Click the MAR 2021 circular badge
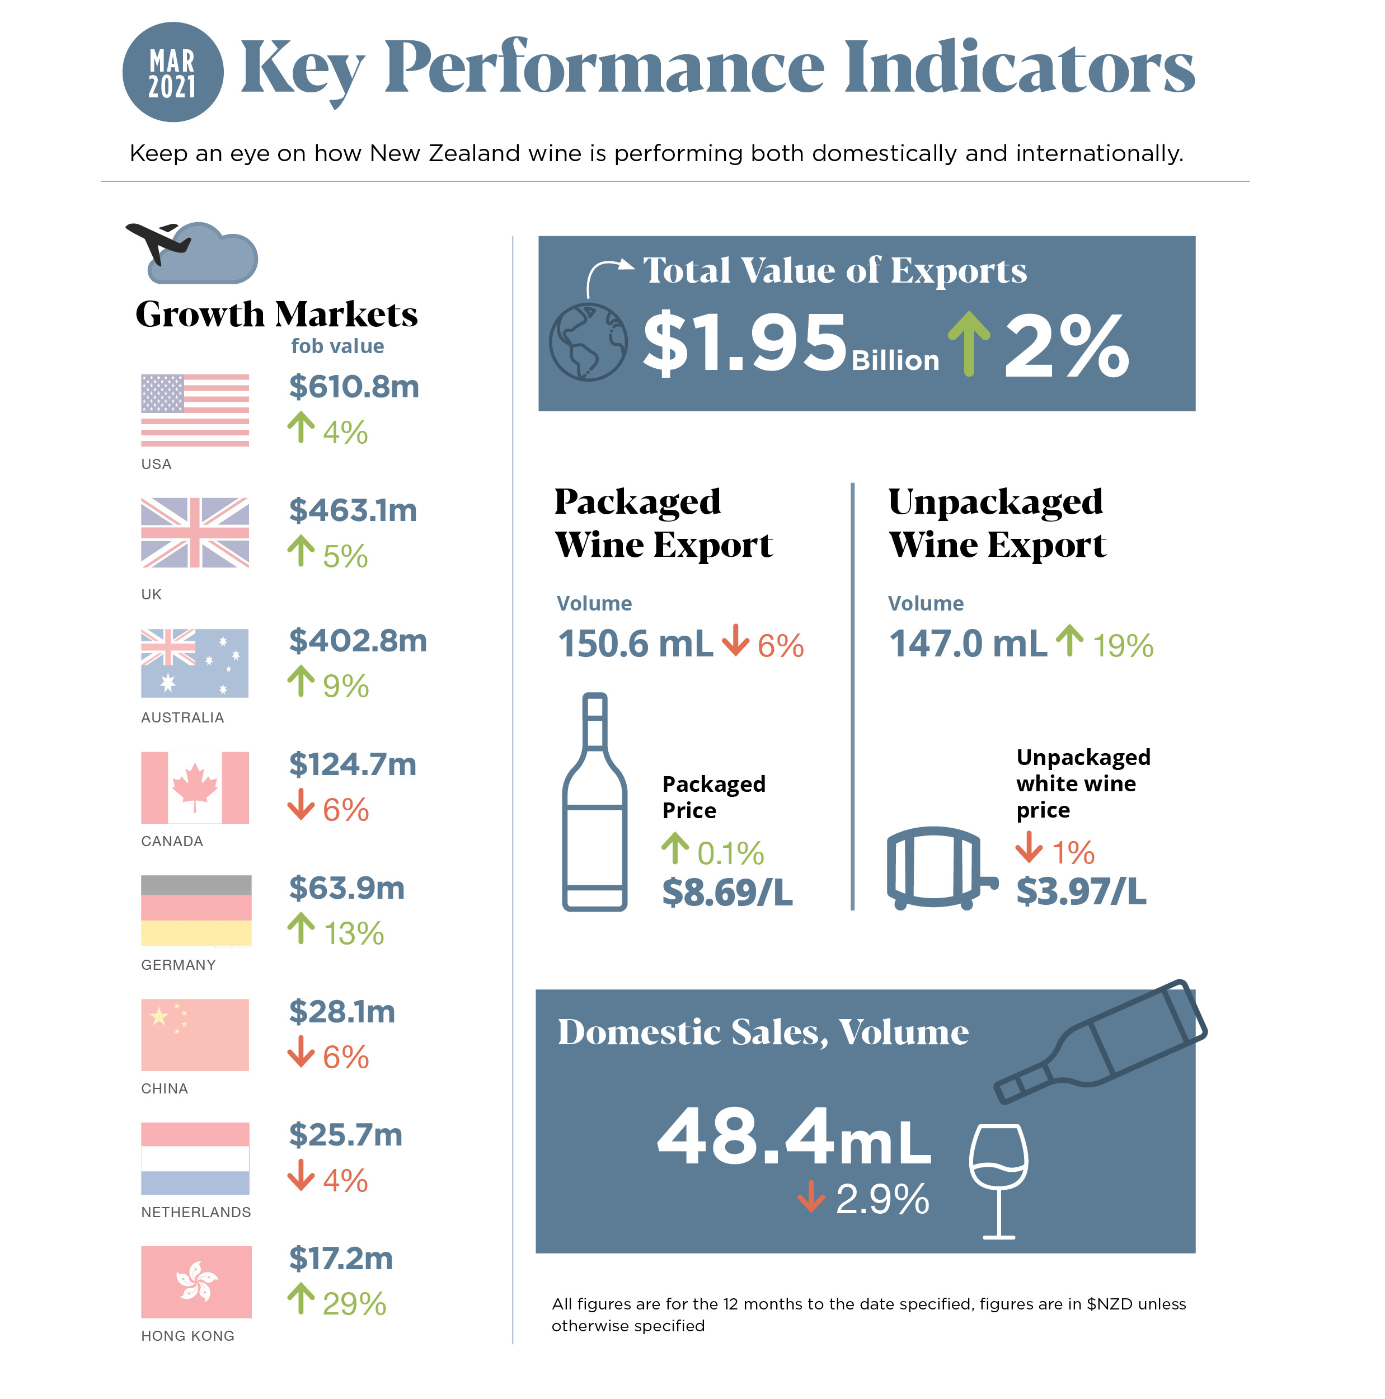point(172,72)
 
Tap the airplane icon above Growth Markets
point(158,242)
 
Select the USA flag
point(195,410)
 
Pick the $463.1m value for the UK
point(353,510)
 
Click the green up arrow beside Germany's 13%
point(301,928)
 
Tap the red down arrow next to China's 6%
point(301,1052)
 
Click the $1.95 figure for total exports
point(744,343)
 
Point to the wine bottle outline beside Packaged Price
point(594,804)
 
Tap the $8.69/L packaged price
point(727,892)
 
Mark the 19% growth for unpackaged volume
point(1122,645)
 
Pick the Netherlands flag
point(195,1158)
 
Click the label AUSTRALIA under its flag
point(182,717)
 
